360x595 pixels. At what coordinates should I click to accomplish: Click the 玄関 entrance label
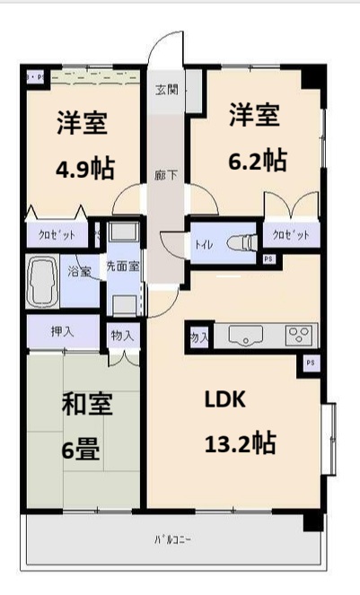(x=165, y=89)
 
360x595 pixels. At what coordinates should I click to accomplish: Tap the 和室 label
(x=86, y=405)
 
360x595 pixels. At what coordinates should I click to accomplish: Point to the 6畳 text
(x=81, y=450)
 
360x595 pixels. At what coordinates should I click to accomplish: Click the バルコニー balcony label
(x=170, y=540)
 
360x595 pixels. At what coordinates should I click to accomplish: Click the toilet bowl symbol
(x=241, y=241)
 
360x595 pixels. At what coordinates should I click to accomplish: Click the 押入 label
(x=61, y=330)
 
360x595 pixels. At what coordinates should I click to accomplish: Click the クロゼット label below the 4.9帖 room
(x=55, y=236)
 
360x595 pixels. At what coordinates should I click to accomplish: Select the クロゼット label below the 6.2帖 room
(x=291, y=236)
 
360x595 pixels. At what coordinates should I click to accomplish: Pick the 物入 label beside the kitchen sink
(x=199, y=337)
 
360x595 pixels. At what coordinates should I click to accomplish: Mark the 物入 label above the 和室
(x=122, y=335)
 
